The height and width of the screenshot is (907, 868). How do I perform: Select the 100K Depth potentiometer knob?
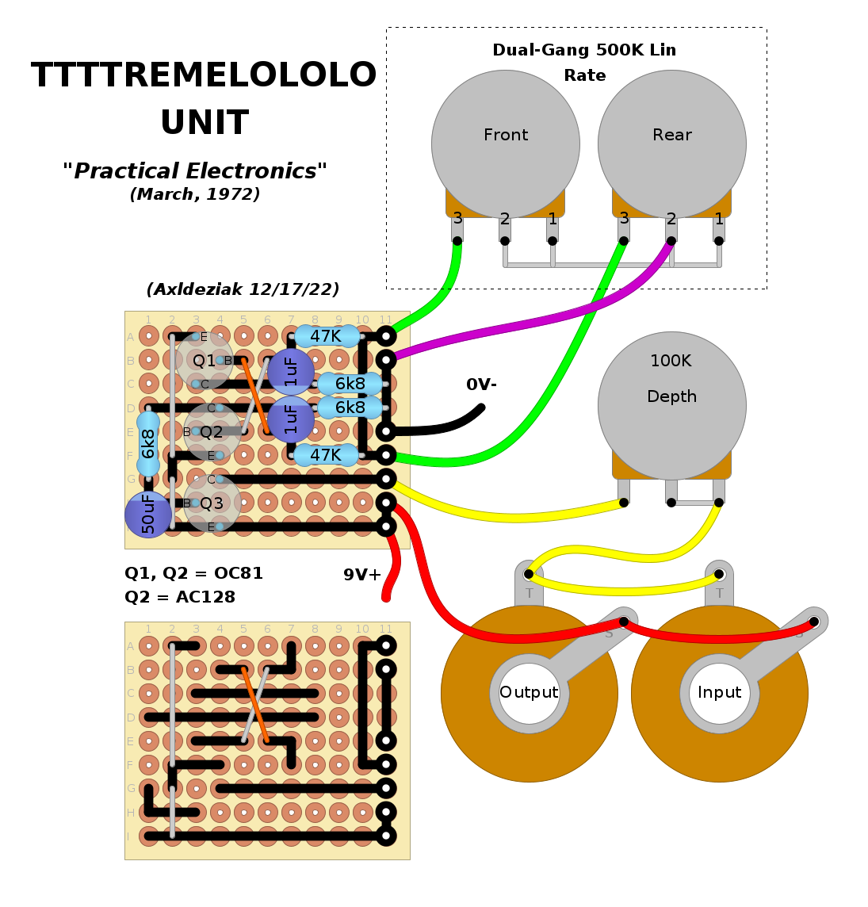point(671,404)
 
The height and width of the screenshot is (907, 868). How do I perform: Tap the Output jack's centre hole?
point(529,693)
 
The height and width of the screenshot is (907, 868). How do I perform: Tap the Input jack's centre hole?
point(719,693)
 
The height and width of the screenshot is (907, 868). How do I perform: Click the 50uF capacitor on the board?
point(148,514)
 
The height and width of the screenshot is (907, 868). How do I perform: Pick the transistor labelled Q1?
point(204,361)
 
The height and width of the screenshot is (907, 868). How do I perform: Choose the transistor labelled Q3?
point(212,503)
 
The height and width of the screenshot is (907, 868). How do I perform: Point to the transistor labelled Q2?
point(212,432)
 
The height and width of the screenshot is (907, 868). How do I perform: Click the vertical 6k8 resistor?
point(148,443)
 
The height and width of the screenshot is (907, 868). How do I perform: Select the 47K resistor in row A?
point(326,336)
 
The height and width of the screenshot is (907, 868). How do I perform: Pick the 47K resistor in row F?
point(326,455)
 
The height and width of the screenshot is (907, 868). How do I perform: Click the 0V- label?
point(481,385)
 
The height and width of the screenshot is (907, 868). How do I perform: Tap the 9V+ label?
point(361,575)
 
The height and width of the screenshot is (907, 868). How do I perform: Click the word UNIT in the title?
point(205,123)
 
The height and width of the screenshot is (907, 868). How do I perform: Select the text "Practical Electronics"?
point(195,171)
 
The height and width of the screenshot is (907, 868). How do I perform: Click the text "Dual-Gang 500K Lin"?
point(584,50)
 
